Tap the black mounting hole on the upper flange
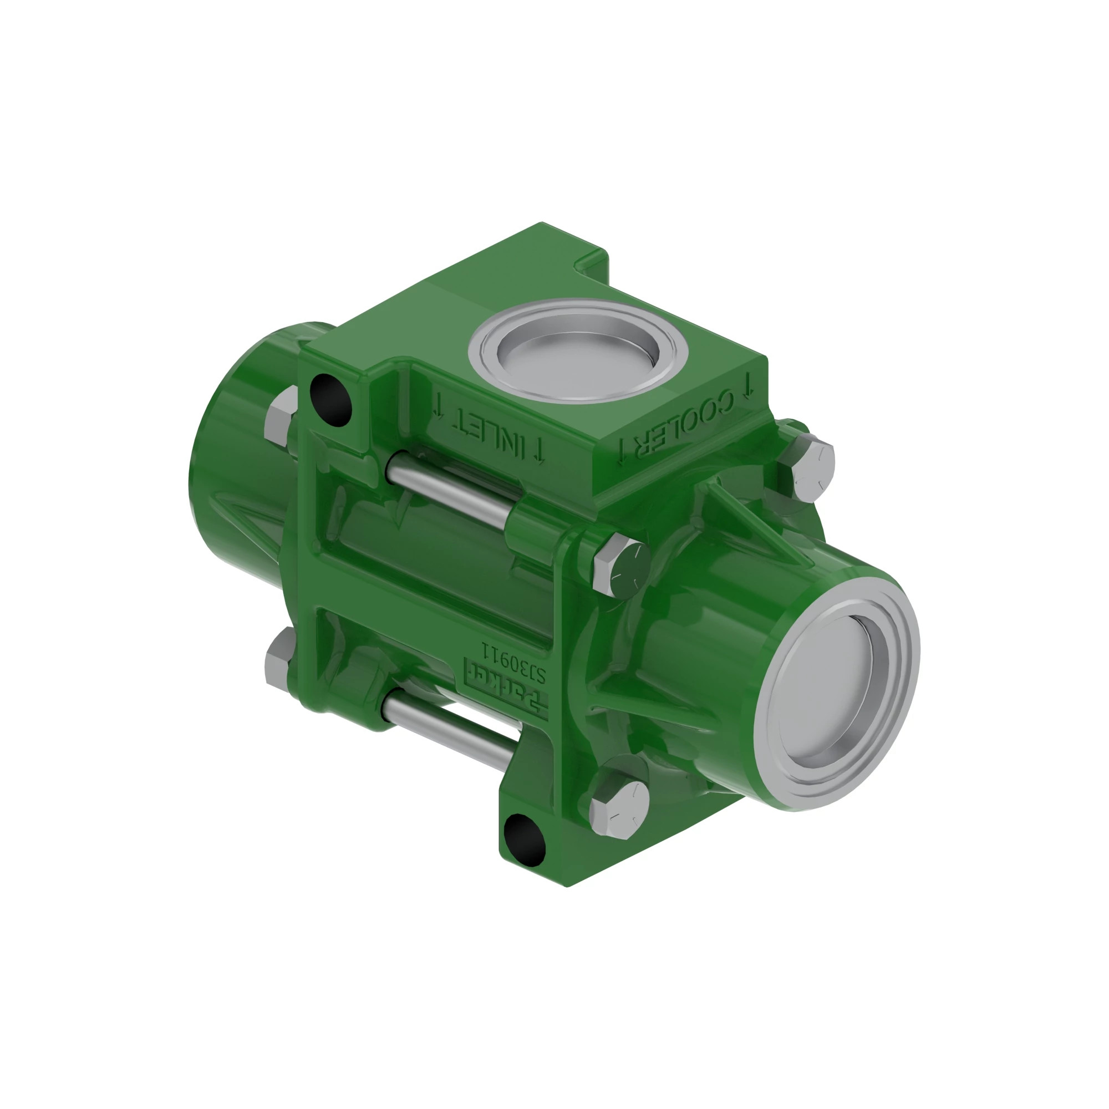coord(330,399)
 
